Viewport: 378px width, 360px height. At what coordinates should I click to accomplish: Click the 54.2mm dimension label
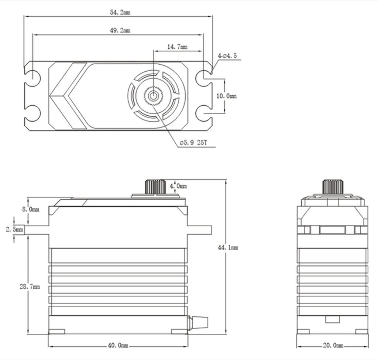pos(120,12)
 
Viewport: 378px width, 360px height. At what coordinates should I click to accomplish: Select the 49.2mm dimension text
pos(120,30)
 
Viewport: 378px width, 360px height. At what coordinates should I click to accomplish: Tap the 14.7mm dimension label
pos(177,47)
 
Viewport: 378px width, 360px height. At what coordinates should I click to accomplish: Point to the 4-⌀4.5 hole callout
pos(227,56)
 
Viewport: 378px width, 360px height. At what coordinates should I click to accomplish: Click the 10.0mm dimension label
pos(226,96)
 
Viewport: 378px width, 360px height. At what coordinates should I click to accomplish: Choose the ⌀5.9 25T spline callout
pos(193,143)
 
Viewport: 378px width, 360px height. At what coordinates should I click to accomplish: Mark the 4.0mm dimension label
pos(178,186)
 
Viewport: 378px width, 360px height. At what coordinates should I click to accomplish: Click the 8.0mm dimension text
pos(31,209)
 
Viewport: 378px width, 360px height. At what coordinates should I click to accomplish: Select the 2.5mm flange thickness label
pos(14,230)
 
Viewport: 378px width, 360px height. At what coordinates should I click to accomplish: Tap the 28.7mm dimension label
pos(30,287)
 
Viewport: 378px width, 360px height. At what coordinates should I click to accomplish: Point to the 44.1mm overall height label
pos(228,248)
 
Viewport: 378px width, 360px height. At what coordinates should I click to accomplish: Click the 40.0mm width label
pos(118,346)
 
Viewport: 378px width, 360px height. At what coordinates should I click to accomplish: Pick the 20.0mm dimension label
pos(333,346)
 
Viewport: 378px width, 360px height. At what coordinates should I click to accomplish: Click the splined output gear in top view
pos(153,96)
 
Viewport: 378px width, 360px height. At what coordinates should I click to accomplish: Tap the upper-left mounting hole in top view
pos(33,78)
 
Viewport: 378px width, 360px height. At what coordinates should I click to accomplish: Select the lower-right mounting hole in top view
pos(203,113)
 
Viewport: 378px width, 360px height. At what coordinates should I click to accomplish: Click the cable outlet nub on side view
pos(198,323)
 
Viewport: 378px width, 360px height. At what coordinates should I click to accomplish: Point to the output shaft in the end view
pos(333,187)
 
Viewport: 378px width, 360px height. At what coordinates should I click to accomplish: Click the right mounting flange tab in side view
pos(200,230)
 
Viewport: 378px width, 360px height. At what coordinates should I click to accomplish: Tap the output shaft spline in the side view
pos(155,187)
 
